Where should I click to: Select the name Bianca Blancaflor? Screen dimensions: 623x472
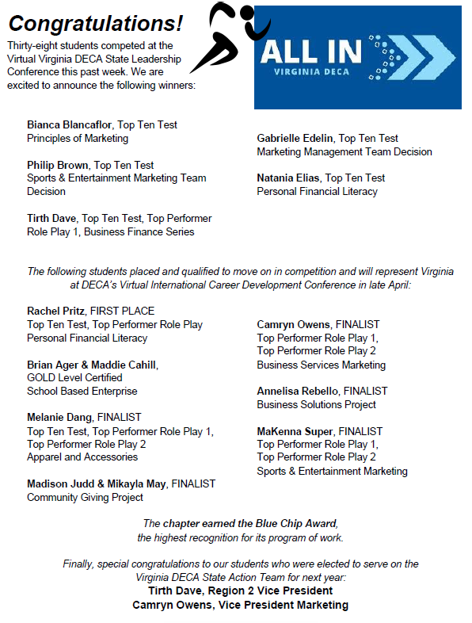point(70,125)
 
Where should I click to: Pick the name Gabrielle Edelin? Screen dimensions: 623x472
point(295,138)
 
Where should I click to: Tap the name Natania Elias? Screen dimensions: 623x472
point(287,178)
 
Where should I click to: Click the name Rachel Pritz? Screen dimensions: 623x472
point(55,311)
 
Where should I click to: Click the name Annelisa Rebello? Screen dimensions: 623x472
point(293,391)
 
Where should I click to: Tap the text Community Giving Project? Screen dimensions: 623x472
point(85,497)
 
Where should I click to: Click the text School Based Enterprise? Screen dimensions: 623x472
point(82,391)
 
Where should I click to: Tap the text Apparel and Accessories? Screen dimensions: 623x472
point(82,457)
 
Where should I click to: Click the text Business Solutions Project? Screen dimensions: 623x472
point(316,404)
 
